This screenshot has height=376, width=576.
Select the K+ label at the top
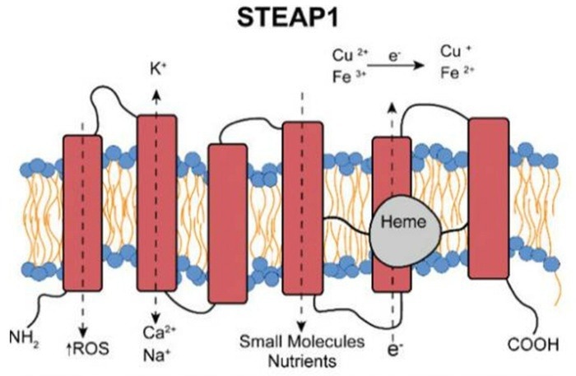[x=157, y=71]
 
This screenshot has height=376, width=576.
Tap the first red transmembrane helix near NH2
[x=82, y=212]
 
